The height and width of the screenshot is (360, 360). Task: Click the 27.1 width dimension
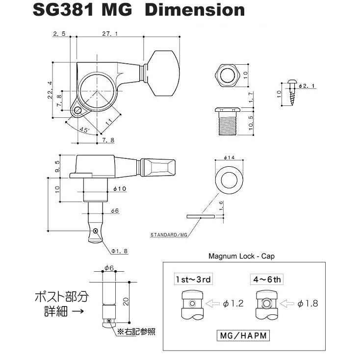(109, 34)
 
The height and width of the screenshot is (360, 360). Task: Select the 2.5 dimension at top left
(58, 34)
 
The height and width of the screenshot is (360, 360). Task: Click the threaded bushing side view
(226, 121)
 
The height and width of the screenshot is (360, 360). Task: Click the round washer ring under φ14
(230, 180)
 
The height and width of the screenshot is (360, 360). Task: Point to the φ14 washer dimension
(230, 158)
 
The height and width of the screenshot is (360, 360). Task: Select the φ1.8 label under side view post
(119, 251)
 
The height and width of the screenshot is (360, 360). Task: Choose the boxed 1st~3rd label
(194, 280)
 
